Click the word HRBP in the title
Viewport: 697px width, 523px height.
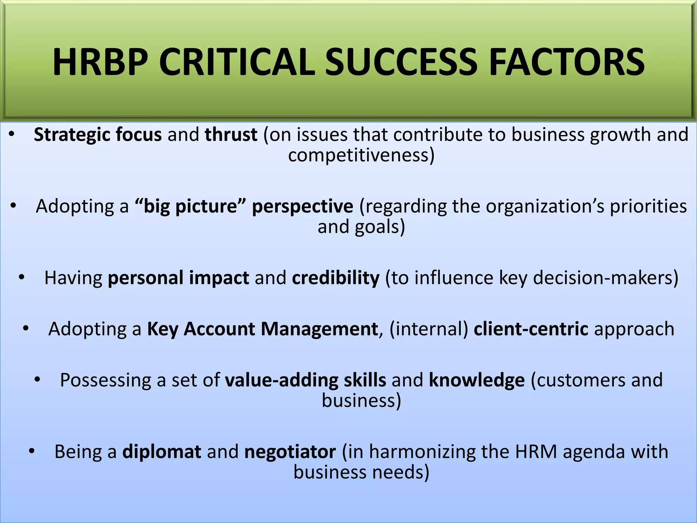click(100, 62)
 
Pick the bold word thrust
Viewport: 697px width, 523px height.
click(231, 134)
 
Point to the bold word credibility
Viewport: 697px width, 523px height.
click(336, 278)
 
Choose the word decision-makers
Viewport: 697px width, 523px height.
click(605, 278)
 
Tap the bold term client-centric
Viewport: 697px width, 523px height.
click(531, 329)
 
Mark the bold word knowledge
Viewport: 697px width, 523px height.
click(477, 380)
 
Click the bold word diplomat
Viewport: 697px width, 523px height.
click(162, 452)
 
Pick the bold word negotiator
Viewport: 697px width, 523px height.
click(290, 452)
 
